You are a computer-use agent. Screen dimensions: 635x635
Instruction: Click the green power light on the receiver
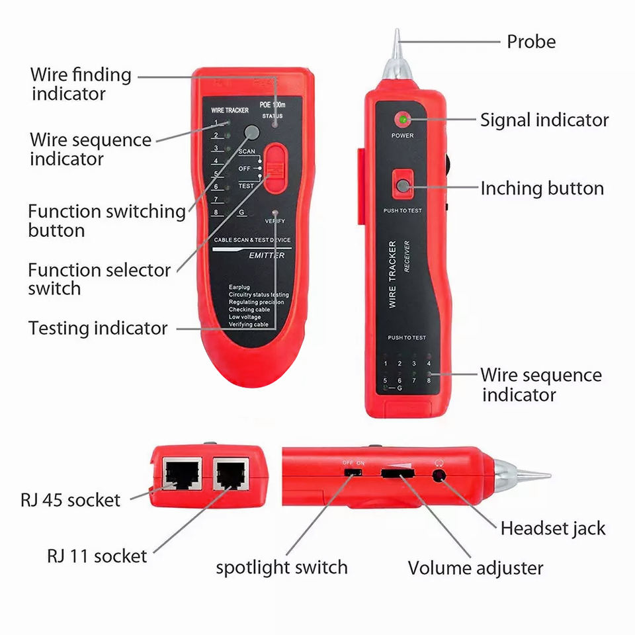402,120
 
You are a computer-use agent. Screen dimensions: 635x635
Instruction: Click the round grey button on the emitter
251,132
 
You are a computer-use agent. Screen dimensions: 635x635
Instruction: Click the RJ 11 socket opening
230,474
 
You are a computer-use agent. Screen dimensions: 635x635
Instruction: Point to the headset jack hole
438,474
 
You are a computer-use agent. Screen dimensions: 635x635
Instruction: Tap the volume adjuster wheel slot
396,474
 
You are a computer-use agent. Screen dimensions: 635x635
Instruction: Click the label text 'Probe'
530,42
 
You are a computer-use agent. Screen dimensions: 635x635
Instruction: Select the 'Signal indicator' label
544,120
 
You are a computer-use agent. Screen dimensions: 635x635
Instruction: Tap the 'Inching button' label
542,189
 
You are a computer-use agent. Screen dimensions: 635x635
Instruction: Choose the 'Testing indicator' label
98,328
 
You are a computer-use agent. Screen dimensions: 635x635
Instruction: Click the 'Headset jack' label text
552,529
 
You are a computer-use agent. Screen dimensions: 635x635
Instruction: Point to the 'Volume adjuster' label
475,568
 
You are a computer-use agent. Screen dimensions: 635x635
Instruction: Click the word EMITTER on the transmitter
267,255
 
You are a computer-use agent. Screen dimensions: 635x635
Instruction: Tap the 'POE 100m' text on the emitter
272,105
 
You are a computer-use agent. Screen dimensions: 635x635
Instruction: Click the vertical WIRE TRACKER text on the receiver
392,274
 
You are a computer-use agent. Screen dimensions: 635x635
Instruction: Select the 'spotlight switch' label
281,568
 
